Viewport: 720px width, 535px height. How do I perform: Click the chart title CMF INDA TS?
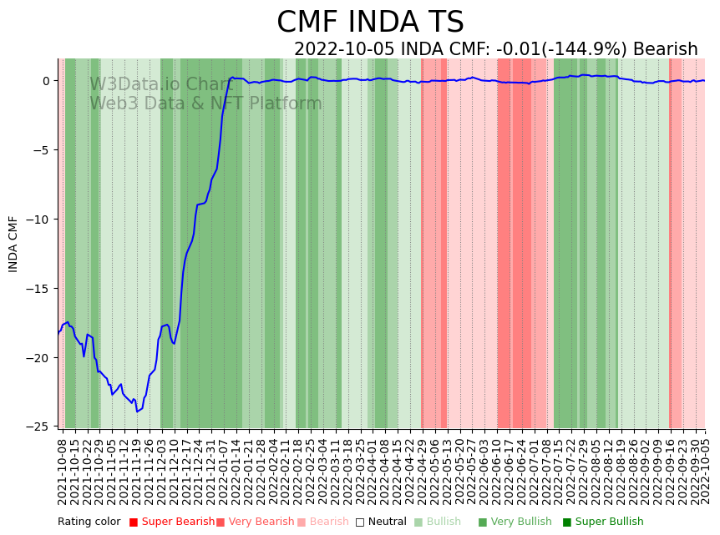click(370, 23)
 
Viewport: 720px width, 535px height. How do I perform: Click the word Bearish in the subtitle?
click(665, 49)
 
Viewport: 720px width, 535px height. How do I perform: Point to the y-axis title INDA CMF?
click(13, 244)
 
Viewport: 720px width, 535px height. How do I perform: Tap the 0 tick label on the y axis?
click(46, 81)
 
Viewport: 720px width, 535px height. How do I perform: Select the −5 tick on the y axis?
click(43, 150)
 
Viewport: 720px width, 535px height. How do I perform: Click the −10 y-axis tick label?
click(40, 220)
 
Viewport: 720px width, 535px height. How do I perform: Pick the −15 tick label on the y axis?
click(40, 289)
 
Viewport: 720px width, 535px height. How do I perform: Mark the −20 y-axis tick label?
click(40, 358)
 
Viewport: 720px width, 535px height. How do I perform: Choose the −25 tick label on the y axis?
click(40, 426)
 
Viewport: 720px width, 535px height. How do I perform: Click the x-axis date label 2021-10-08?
click(62, 471)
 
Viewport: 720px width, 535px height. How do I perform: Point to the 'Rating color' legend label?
click(89, 522)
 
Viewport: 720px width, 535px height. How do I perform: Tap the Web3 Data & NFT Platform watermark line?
click(205, 103)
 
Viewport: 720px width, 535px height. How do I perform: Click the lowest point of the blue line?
click(138, 411)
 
